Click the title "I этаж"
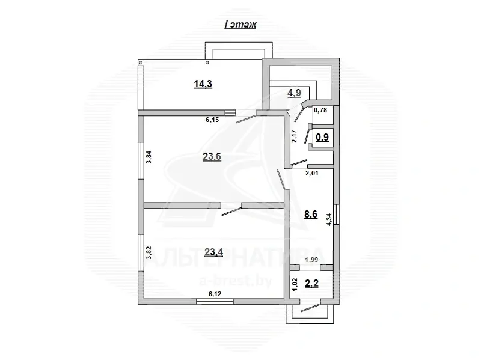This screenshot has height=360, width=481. (240, 25)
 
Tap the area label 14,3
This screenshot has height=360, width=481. (203, 84)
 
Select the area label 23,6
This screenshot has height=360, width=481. (212, 157)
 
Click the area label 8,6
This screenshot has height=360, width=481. (311, 215)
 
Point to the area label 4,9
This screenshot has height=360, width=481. (294, 93)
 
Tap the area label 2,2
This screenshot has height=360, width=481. (311, 284)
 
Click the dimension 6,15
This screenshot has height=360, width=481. (213, 120)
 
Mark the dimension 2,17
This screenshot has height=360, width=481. (295, 137)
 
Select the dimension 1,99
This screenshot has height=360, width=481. (311, 260)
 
